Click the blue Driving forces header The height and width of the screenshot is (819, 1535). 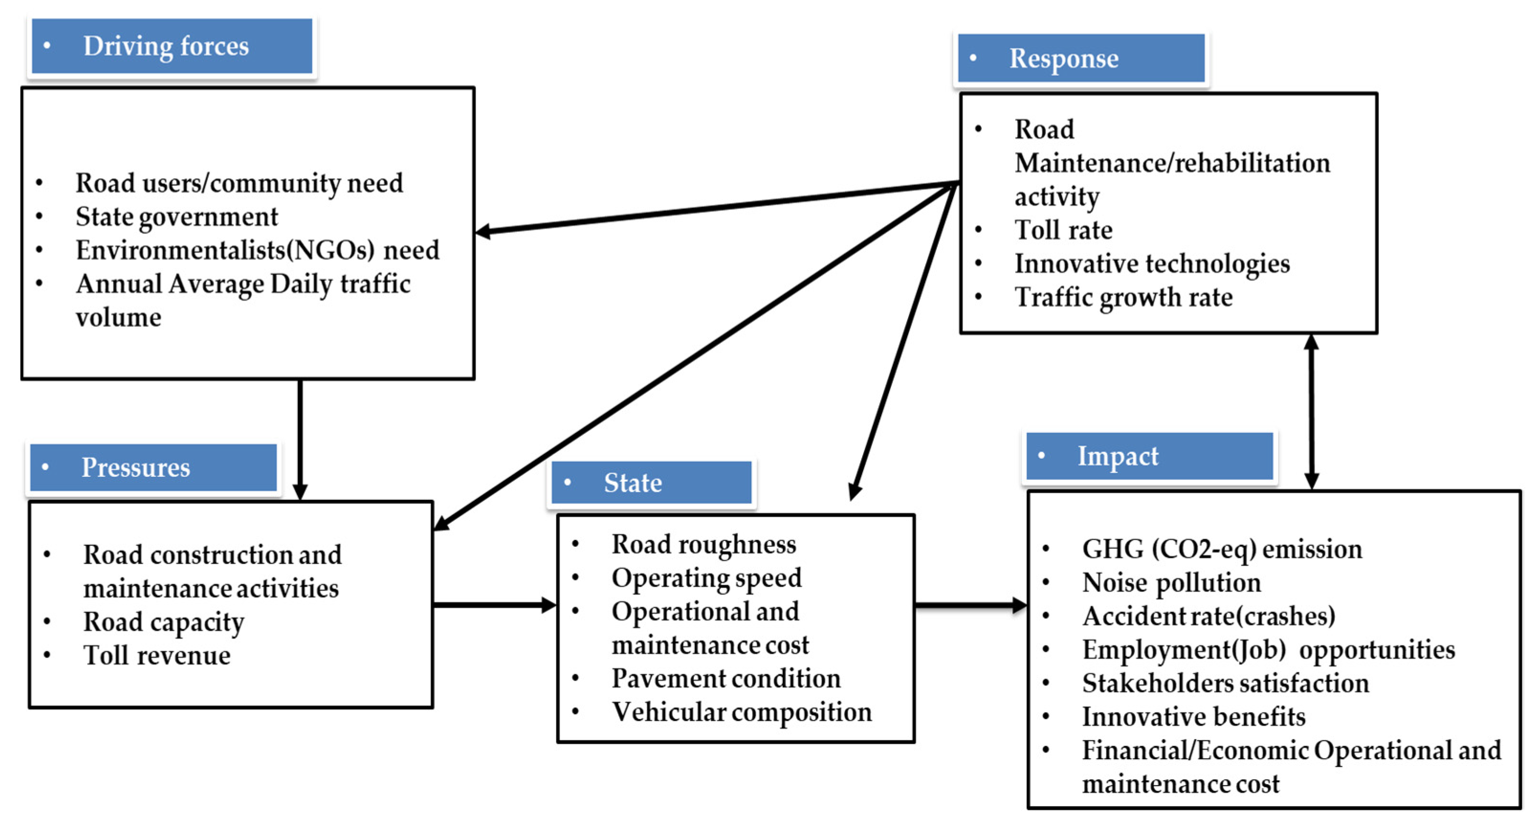[172, 46]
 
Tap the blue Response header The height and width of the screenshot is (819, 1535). [1080, 58]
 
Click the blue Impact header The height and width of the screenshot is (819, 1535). [1149, 456]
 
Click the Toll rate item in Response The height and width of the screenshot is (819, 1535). [1063, 230]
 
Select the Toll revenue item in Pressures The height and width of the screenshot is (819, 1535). [157, 655]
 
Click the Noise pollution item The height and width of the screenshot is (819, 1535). [1171, 582]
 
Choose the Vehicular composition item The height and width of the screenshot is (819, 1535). [741, 712]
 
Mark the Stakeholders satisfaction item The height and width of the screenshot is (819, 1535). [1225, 683]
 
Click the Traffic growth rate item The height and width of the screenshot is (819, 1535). [1123, 297]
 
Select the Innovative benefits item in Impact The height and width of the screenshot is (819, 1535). [1193, 717]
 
